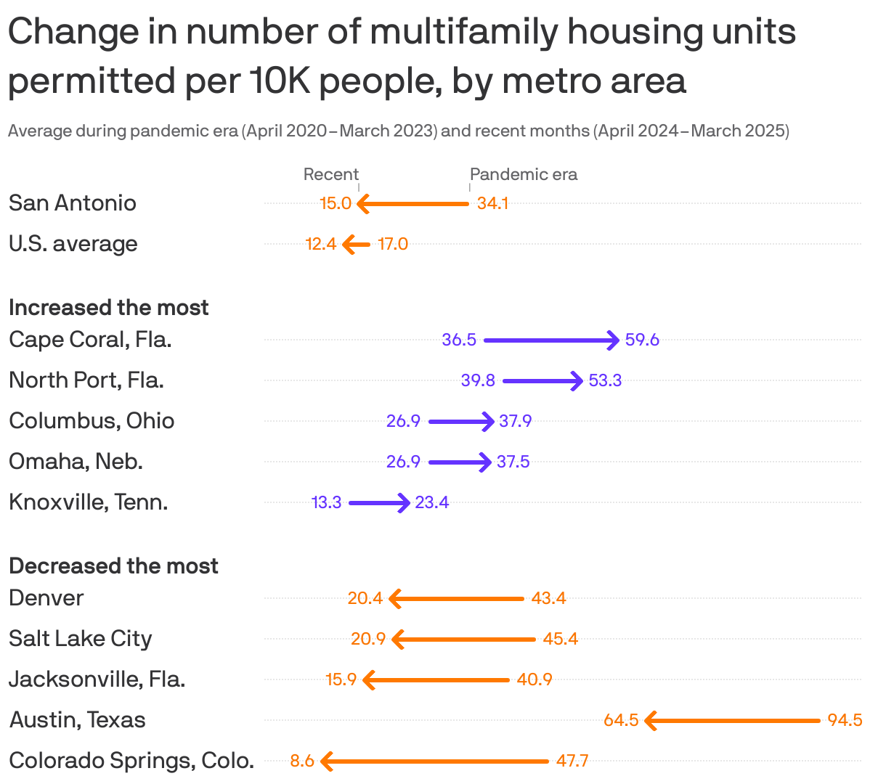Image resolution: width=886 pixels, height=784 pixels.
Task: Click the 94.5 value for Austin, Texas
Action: click(845, 720)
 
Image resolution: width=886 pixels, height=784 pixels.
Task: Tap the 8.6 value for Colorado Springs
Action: click(302, 761)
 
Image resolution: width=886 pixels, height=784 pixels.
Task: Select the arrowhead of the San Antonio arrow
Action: click(363, 204)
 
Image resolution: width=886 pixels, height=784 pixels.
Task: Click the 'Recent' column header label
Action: click(330, 174)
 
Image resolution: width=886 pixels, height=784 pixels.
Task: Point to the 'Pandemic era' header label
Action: click(524, 174)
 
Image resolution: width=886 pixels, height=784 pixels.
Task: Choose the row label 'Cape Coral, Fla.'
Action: click(90, 340)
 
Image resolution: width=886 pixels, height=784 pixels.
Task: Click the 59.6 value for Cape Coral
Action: click(642, 340)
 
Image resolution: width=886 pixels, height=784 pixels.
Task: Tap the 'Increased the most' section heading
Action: click(108, 308)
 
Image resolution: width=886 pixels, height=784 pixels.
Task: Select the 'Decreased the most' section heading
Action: click(113, 566)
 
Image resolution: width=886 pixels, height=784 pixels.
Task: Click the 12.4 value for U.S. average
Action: click(320, 244)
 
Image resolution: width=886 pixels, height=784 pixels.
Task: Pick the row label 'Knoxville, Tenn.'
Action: click(89, 502)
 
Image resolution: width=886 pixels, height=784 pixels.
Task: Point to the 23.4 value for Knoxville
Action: click(432, 502)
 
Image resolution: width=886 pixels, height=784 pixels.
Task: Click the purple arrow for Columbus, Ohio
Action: click(461, 421)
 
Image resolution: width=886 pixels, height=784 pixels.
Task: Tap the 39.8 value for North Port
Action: click(478, 380)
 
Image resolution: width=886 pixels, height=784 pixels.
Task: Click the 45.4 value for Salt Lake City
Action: click(561, 639)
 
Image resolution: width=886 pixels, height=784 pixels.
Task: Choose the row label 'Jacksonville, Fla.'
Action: click(97, 679)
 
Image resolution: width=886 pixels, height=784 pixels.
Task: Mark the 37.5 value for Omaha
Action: click(513, 462)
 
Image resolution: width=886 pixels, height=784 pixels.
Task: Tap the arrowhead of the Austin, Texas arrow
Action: click(650, 721)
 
